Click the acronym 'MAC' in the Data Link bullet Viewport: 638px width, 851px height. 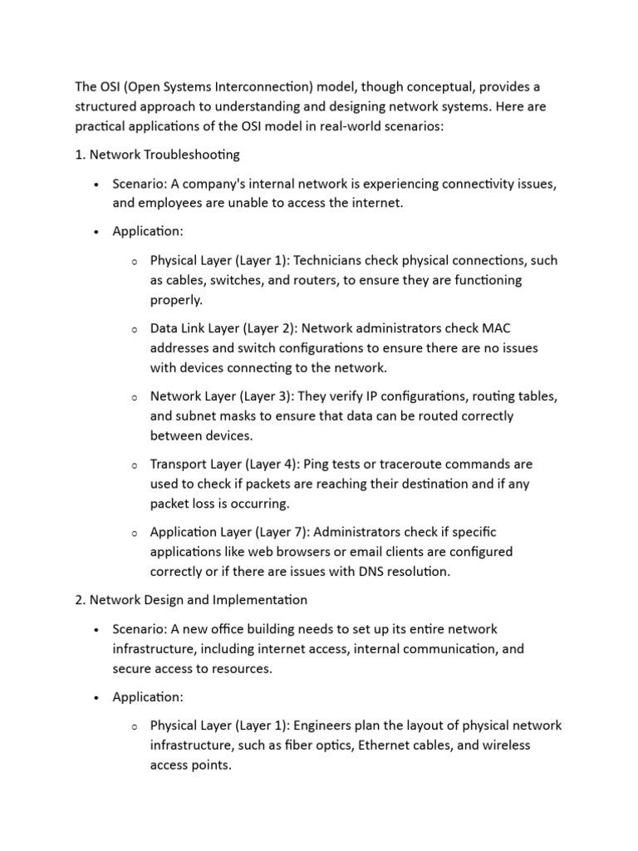[506, 328]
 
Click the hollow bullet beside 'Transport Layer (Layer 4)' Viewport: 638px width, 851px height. [134, 465]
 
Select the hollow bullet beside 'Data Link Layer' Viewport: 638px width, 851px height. [134, 329]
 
